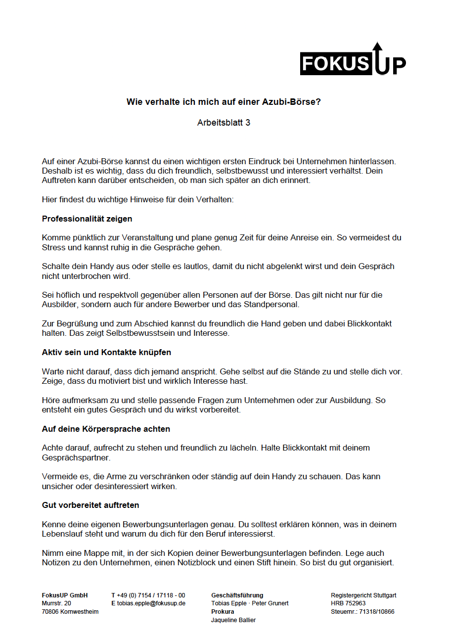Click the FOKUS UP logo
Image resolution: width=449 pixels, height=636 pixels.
[x=353, y=60]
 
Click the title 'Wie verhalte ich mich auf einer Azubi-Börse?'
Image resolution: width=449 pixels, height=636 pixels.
[x=224, y=102]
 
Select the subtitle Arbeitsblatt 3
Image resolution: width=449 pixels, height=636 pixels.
[x=224, y=123]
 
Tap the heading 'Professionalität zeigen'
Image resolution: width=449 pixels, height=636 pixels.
[x=87, y=219]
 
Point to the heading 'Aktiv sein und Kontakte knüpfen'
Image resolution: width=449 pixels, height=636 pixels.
[x=106, y=353]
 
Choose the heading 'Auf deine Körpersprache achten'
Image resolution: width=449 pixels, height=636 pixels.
[x=106, y=429]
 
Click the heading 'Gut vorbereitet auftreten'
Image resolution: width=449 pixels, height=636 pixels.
[x=90, y=505]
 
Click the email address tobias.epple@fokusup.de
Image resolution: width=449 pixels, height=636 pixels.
[x=151, y=603]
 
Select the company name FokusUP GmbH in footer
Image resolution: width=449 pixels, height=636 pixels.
[x=65, y=595]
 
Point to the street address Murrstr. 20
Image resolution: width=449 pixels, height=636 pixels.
[x=56, y=603]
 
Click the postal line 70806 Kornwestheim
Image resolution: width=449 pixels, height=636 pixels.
[x=70, y=612]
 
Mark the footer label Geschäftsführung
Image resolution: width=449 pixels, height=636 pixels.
[x=237, y=595]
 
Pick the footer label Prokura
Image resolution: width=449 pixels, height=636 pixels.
[x=223, y=612]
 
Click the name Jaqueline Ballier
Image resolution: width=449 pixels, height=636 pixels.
[x=233, y=620]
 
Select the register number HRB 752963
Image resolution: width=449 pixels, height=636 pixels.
[x=348, y=603]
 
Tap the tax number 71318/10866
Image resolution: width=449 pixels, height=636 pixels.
[x=377, y=612]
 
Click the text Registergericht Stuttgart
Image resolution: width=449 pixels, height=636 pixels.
[x=363, y=595]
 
